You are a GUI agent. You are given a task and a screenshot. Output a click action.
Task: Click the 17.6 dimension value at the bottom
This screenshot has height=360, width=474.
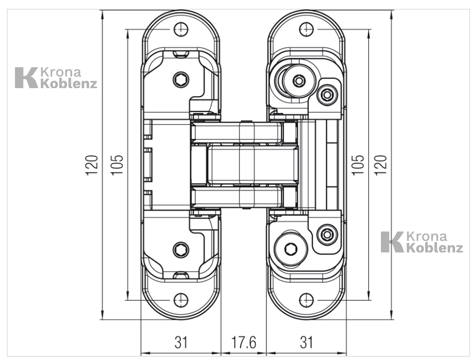tap(244, 343)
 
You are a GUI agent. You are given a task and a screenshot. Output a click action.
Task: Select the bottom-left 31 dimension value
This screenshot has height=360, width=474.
tap(181, 343)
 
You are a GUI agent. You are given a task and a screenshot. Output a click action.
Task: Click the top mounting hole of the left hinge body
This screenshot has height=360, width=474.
tap(181, 29)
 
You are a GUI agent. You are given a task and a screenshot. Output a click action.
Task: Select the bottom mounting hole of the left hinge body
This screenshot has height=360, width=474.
tap(181, 300)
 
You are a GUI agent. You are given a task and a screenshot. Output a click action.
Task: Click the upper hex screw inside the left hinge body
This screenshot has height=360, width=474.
tap(181, 79)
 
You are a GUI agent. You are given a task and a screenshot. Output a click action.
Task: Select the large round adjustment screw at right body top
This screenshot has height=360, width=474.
tap(298, 81)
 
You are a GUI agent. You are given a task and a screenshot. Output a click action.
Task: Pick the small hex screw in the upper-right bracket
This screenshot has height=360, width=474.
tap(327, 94)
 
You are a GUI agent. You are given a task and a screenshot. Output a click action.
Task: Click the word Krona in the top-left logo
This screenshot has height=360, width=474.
tap(61, 72)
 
